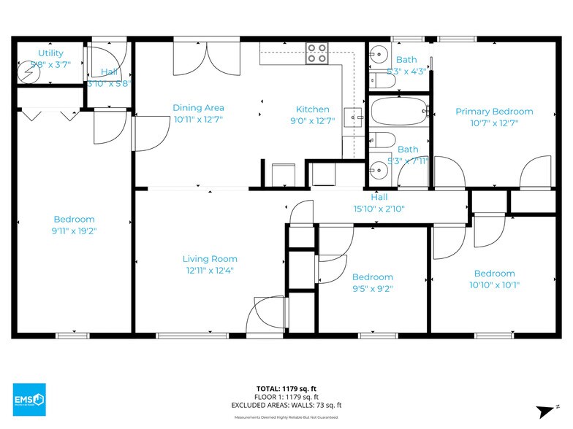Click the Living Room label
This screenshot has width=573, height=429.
(210, 259)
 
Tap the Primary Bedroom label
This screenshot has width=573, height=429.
(494, 112)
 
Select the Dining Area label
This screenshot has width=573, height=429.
(198, 108)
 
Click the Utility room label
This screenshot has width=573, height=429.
(50, 53)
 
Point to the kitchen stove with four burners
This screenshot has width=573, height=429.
(316, 54)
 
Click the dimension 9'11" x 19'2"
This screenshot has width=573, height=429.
(74, 231)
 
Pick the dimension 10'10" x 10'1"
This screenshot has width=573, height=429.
(494, 285)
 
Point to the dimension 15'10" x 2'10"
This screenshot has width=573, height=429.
(379, 209)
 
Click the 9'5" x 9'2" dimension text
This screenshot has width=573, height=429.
(372, 288)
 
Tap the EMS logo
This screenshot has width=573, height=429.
(29, 400)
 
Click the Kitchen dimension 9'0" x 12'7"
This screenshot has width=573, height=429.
(312, 121)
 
